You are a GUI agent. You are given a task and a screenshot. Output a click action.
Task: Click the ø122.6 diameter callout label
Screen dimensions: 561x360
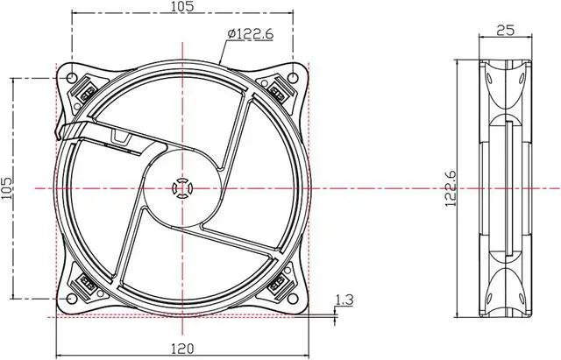pos(250,33)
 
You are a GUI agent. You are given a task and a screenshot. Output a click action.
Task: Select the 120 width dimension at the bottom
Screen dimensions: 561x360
pos(182,349)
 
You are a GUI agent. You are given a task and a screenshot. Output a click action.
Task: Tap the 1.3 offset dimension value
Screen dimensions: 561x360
pos(344,300)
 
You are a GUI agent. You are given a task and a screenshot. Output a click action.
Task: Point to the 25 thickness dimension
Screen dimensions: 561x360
pos(505,30)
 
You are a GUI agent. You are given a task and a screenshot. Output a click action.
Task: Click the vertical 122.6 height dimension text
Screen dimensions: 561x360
pos(451,188)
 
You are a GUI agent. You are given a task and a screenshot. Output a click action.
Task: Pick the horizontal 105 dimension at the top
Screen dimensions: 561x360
pos(182,6)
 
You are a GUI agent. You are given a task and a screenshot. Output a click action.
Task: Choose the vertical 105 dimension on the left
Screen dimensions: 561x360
pos(6,188)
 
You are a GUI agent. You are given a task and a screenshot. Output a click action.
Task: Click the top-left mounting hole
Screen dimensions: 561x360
pos(72,77)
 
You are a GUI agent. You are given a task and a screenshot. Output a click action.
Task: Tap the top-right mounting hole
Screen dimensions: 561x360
pos(293,77)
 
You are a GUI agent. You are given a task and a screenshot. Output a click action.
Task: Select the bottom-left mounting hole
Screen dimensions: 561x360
pos(72,299)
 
